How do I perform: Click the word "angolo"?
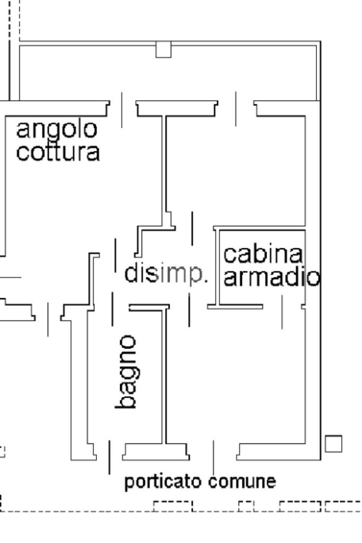(57, 129)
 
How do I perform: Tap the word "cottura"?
(58, 152)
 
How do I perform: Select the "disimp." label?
(166, 274)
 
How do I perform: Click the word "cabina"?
(263, 254)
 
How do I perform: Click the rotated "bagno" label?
(127, 371)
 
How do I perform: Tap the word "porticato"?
(163, 482)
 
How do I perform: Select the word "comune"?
(242, 481)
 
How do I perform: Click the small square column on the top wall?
(163, 49)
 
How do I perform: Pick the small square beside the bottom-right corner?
(333, 443)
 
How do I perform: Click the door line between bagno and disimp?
(112, 309)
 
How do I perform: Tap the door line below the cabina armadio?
(282, 312)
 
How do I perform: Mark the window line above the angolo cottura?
(121, 110)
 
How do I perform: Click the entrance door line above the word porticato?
(110, 457)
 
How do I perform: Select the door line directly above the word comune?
(214, 458)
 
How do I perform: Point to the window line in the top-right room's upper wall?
(236, 109)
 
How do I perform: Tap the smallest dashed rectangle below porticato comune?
(246, 506)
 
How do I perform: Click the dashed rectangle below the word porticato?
(173, 506)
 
